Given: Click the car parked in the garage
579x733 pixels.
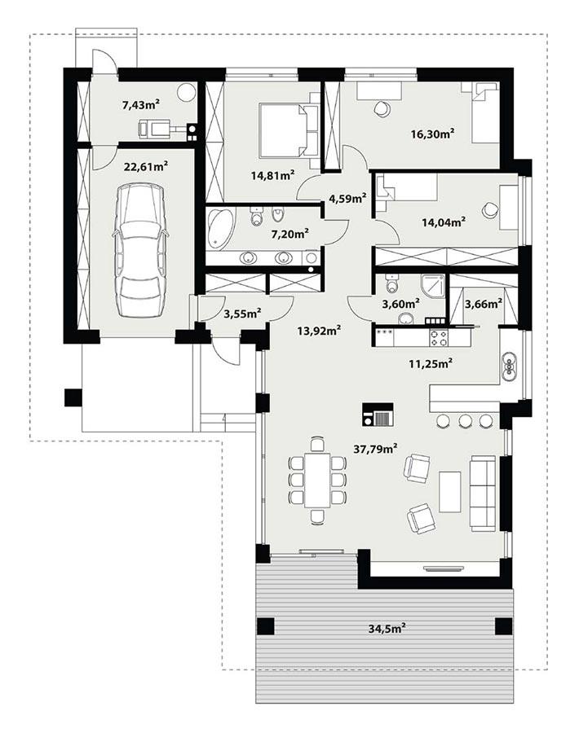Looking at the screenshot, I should click(140, 251).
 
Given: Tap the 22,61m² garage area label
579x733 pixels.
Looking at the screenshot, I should click(145, 167).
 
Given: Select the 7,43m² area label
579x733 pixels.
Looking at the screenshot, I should click(140, 104).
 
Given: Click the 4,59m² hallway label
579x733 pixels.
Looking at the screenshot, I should click(347, 196).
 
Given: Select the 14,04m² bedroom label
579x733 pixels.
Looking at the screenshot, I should click(444, 221).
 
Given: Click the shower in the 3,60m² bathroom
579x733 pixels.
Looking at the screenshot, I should click(433, 286).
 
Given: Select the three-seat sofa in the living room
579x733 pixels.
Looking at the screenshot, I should click(483, 494).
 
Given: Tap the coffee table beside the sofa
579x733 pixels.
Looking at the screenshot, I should click(449, 491).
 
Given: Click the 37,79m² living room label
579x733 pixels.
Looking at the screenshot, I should click(376, 449).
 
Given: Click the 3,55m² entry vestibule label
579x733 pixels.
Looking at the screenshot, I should click(241, 313).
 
